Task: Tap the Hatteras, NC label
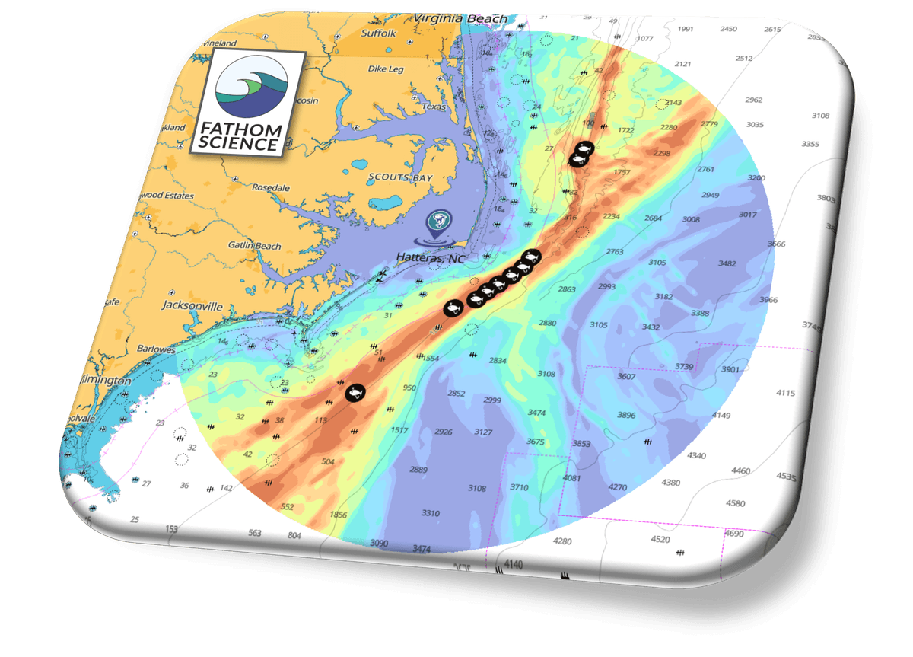(431, 257)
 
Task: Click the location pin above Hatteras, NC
(439, 222)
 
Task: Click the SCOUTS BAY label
(399, 177)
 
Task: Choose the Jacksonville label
(192, 306)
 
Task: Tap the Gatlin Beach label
(255, 246)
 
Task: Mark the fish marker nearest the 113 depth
(355, 392)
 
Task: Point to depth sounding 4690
(734, 534)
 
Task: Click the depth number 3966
(768, 300)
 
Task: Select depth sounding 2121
(682, 64)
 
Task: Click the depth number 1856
(339, 515)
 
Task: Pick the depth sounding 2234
(611, 216)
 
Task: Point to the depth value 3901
(730, 369)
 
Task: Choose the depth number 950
(409, 388)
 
